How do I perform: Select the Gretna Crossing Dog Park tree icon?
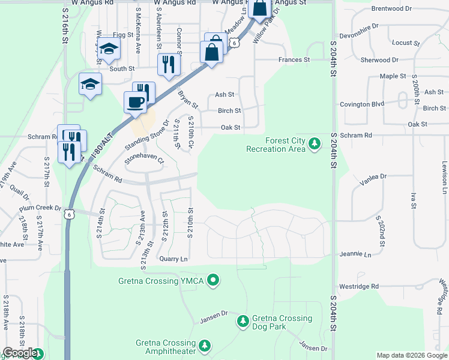pos(243,322)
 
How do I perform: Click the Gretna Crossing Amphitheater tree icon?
pos(205,346)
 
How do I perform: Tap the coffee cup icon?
pos(135,102)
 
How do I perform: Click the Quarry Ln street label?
pos(174,259)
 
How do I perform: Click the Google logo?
pos(20,353)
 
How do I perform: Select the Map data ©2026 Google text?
pos(411,355)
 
